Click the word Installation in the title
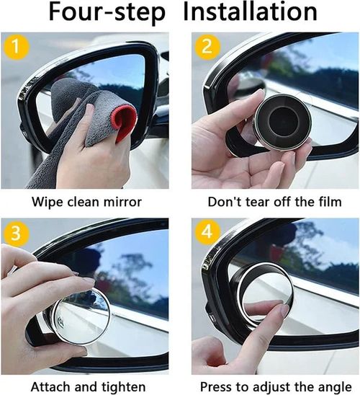point(251,13)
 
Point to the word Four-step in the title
point(107,13)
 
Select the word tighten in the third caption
point(122,386)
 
